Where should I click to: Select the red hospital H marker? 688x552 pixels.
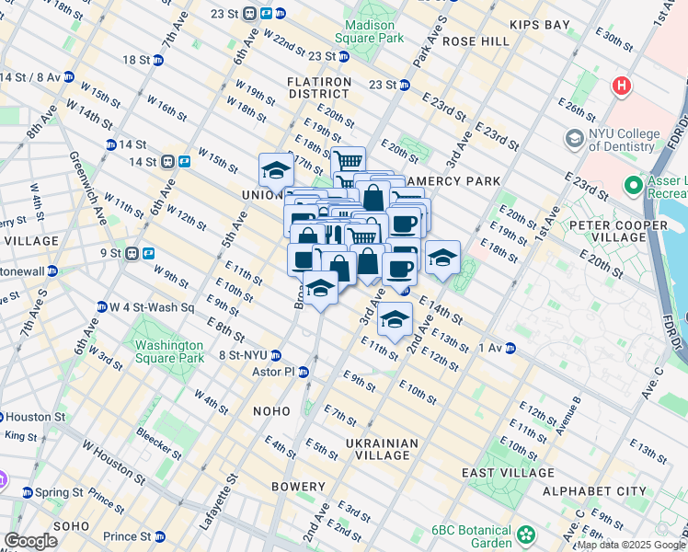(x=623, y=86)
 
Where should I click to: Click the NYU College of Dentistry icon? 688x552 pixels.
(x=575, y=139)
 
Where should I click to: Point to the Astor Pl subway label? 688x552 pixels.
(x=274, y=372)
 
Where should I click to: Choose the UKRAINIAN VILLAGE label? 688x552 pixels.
(x=382, y=449)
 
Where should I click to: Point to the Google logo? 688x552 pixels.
(x=30, y=541)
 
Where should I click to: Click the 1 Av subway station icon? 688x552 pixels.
(x=509, y=348)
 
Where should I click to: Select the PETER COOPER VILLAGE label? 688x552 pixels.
(x=618, y=232)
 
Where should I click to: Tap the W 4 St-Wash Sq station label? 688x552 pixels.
(x=152, y=307)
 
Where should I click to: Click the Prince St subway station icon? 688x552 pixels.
(x=158, y=536)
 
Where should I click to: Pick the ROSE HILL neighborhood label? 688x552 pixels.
(x=476, y=41)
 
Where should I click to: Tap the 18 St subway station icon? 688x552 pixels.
(x=158, y=60)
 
